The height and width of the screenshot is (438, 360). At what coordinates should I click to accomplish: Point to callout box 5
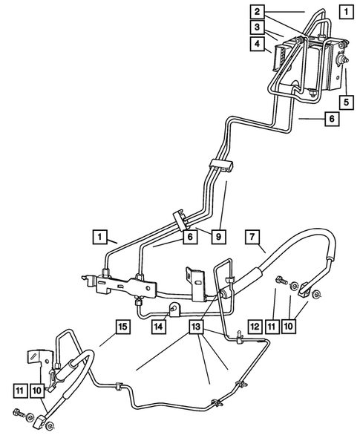(x=347, y=100)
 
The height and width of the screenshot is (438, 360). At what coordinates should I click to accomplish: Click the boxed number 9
(x=218, y=237)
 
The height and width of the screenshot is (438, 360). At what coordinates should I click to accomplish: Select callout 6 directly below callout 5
(x=333, y=117)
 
